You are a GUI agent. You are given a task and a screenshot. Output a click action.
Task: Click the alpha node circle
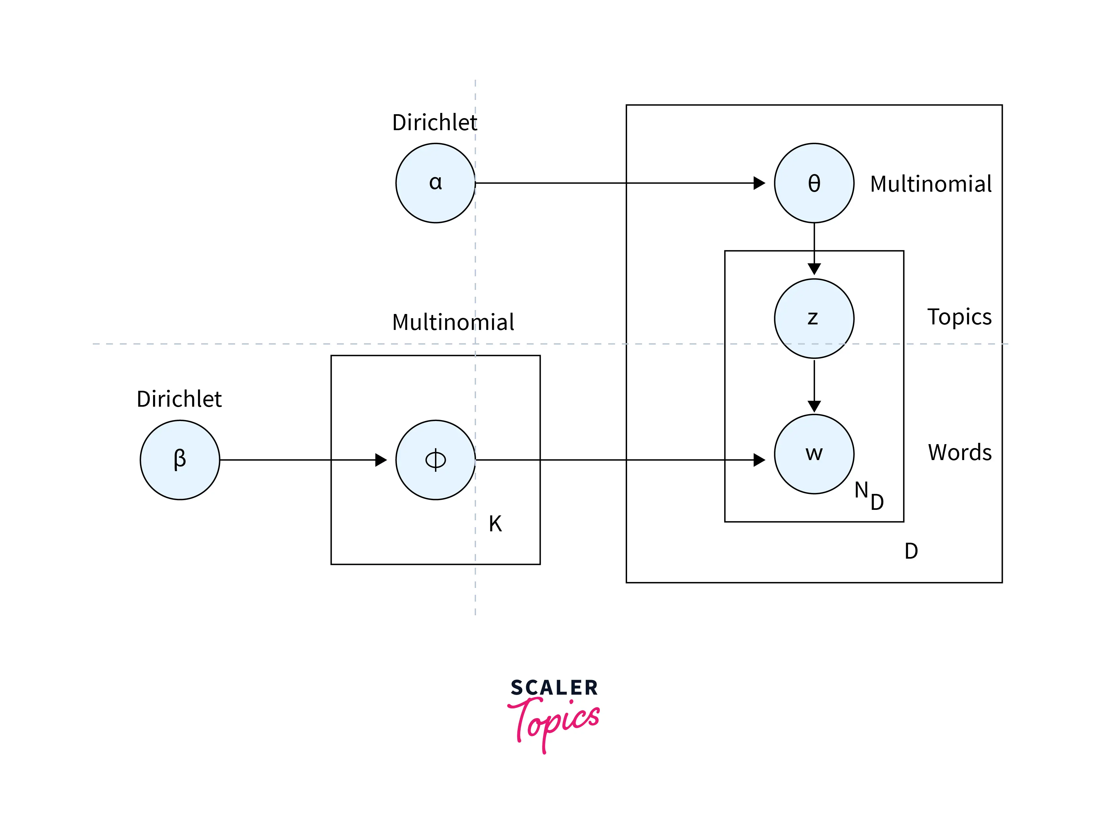pos(436,183)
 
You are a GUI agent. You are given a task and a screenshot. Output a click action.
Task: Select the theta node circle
pos(814,183)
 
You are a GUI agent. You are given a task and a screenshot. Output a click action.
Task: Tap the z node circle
pos(814,319)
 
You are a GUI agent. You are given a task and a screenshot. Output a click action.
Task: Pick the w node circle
pos(814,454)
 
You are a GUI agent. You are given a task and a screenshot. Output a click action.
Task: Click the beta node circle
pos(180,460)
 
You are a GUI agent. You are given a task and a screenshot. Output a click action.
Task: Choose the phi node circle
pos(436,460)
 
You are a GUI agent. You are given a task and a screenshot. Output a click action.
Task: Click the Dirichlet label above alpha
pos(434,122)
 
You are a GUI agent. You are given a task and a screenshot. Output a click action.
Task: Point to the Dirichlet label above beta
pos(179,399)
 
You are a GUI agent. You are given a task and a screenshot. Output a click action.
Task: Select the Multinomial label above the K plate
pos(453,322)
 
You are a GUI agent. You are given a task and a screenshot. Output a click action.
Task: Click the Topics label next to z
pos(959,317)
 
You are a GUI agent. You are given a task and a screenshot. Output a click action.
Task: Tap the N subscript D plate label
pos(868,496)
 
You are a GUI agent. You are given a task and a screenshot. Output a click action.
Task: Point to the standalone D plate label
pos(911,551)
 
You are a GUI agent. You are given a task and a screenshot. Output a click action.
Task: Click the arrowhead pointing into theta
pos(759,183)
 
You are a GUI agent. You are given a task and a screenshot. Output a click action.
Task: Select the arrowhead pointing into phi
pos(381,460)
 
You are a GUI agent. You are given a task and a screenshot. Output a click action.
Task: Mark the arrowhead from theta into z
pos(814,268)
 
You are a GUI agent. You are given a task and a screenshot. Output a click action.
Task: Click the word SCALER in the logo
pos(554,688)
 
